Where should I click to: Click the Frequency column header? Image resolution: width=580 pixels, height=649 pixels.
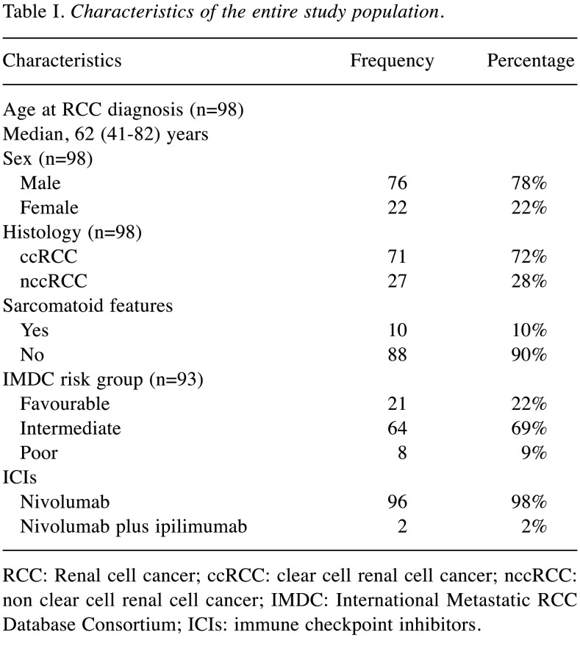pos(391,60)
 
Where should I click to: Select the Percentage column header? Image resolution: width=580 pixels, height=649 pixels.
pos(530,60)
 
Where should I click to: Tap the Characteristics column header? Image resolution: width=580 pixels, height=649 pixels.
pos(62,60)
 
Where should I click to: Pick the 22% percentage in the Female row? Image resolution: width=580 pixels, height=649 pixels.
pos(529,208)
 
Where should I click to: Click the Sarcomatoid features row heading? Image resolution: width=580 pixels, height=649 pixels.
pos(88,305)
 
